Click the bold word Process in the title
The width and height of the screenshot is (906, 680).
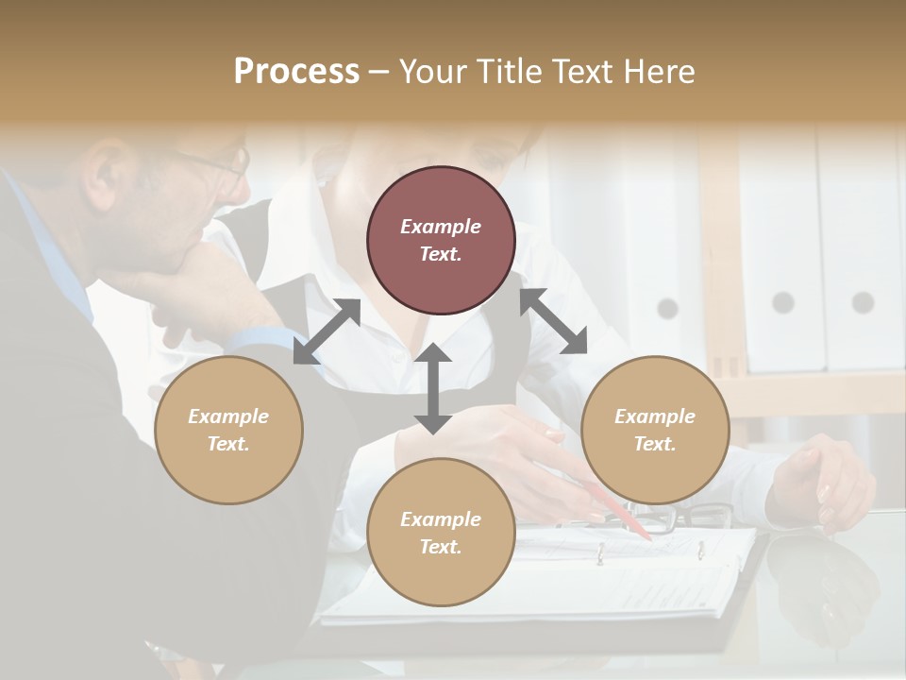pyautogui.click(x=296, y=72)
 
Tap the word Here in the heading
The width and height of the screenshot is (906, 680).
pyautogui.click(x=656, y=72)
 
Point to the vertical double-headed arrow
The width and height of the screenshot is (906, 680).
pyautogui.click(x=433, y=388)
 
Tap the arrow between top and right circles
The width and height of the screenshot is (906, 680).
pyautogui.click(x=554, y=321)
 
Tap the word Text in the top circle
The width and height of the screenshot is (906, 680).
pyautogui.click(x=440, y=254)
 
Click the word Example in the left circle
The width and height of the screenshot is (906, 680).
pyautogui.click(x=228, y=416)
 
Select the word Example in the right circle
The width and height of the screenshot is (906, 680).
pyautogui.click(x=655, y=416)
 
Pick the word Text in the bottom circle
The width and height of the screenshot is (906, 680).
pyautogui.click(x=440, y=547)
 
